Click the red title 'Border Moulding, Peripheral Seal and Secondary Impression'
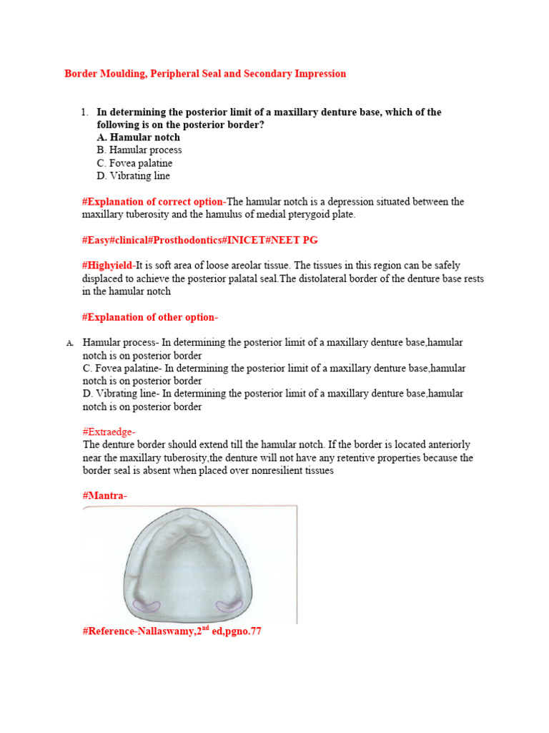click(x=205, y=74)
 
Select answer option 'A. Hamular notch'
click(x=138, y=137)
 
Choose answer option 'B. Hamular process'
click(x=139, y=150)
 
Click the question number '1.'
click(x=84, y=112)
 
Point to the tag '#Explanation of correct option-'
click(x=154, y=202)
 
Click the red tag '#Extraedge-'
click(x=109, y=432)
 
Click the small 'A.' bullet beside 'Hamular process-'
click(x=70, y=344)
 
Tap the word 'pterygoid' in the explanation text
click(x=310, y=215)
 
